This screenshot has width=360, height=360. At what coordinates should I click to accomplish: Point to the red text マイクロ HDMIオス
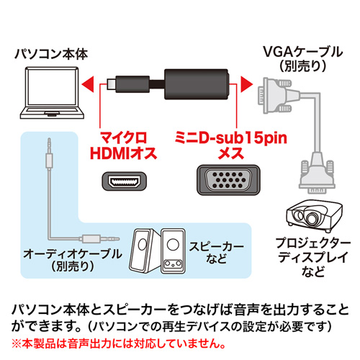click(x=123, y=144)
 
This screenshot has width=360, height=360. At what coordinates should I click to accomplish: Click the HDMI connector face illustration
click(x=123, y=180)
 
